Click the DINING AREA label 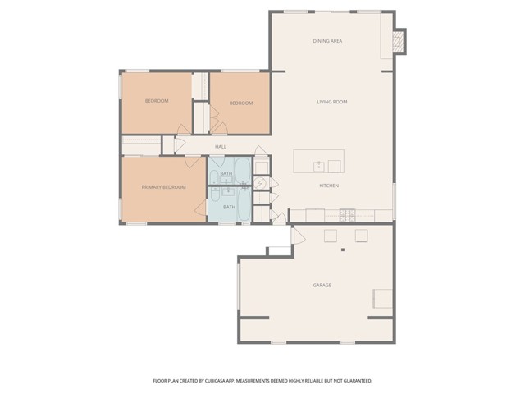tap(327, 41)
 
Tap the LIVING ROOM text tap(332, 102)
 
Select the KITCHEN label tap(329, 186)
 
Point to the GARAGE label tap(322, 286)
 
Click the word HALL tap(221, 147)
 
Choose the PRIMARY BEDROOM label tap(164, 187)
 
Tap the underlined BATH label tap(226, 173)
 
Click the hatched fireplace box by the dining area tap(398, 41)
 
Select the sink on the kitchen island tap(319, 166)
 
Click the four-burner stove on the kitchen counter tap(347, 215)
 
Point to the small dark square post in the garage tap(343, 250)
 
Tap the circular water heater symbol tap(259, 183)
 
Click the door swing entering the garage tap(299, 236)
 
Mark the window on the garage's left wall tap(239, 286)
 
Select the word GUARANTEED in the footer tap(358, 381)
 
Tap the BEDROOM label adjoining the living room tap(241, 103)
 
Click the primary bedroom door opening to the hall tap(193, 163)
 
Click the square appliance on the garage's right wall tap(383, 299)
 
